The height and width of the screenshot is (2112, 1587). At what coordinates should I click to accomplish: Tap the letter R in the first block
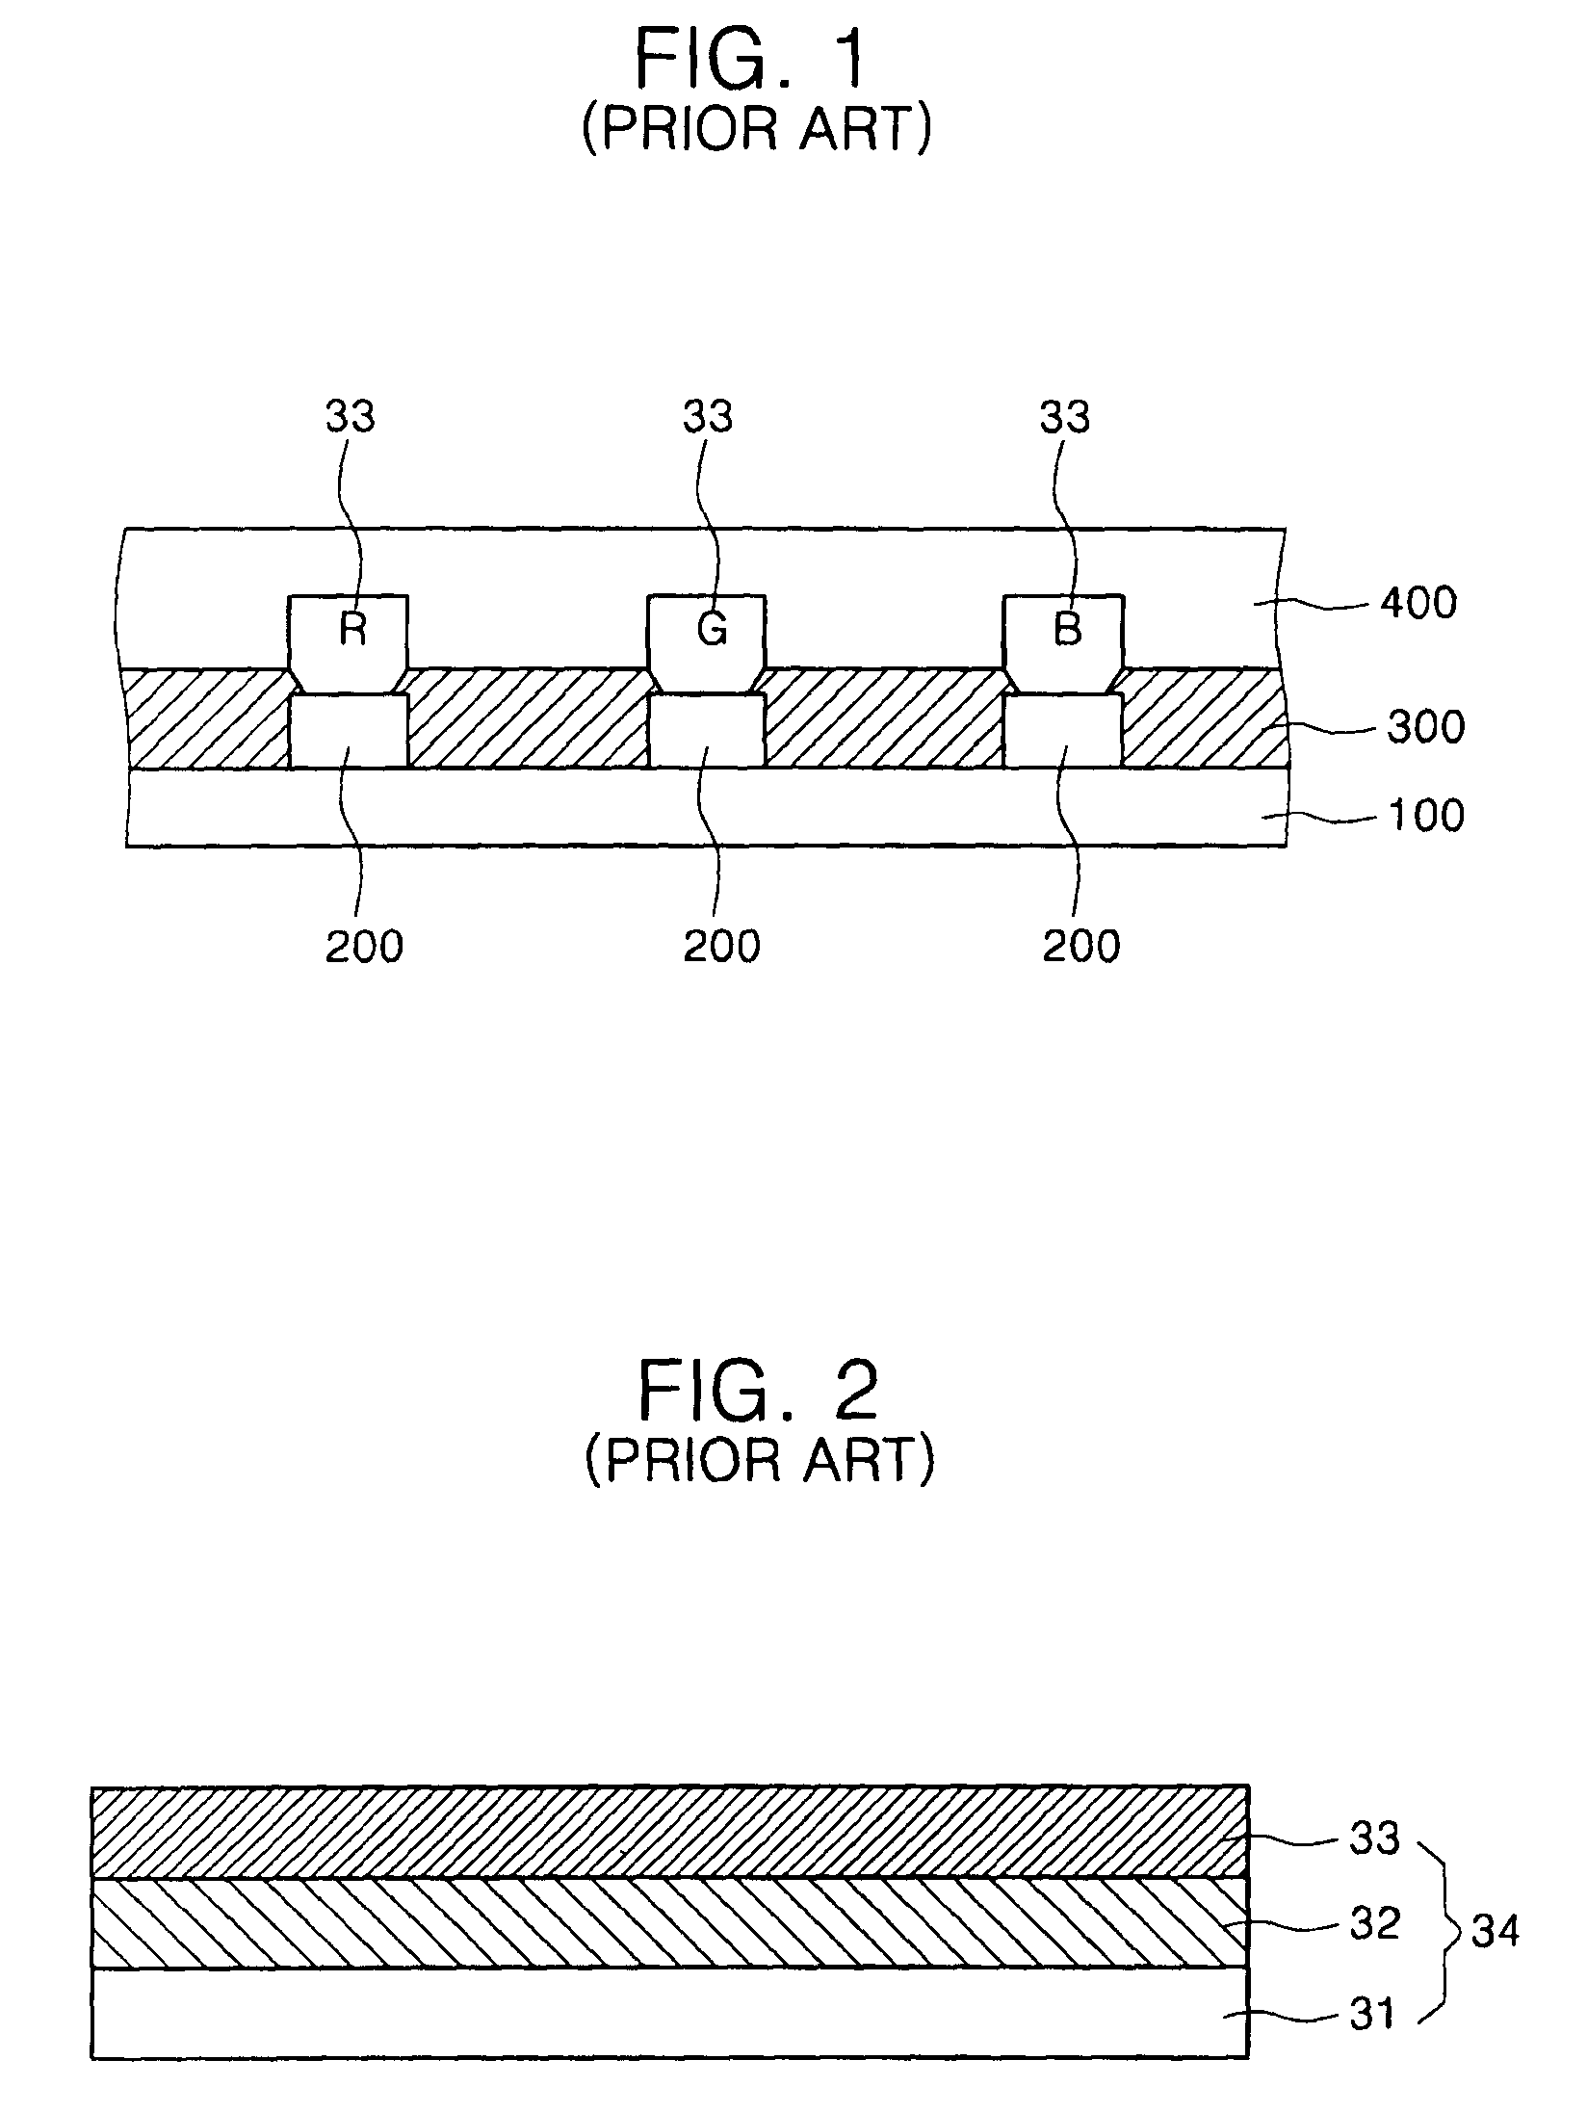pyautogui.click(x=352, y=629)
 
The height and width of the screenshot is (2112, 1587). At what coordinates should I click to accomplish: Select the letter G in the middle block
pyautogui.click(x=711, y=629)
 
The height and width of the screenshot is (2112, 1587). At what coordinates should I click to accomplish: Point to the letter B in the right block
pyautogui.click(x=1067, y=629)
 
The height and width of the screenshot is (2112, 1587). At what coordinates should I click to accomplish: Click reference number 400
pyautogui.click(x=1418, y=604)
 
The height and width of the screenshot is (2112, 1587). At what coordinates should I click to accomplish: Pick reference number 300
pyautogui.click(x=1425, y=727)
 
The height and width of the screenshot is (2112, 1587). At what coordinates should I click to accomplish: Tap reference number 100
pyautogui.click(x=1425, y=815)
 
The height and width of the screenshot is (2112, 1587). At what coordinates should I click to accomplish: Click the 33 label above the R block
pyautogui.click(x=350, y=417)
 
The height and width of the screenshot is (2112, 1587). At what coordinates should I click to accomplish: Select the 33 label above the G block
pyautogui.click(x=708, y=417)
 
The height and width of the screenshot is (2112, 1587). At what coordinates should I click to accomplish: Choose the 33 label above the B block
pyautogui.click(x=1065, y=417)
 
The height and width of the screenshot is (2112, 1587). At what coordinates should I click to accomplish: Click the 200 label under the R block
pyautogui.click(x=364, y=948)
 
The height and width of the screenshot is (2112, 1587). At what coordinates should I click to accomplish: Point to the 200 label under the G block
pyautogui.click(x=722, y=948)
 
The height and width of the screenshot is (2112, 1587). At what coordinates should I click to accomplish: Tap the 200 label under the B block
pyautogui.click(x=1081, y=948)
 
